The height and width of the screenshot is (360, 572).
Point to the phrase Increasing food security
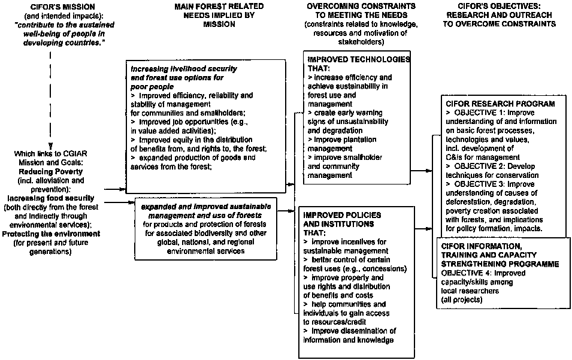pyautogui.click(x=52, y=197)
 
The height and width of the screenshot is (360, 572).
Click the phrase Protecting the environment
pyautogui.click(x=51, y=233)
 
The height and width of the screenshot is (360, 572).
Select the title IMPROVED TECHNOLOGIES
pyautogui.click(x=358, y=60)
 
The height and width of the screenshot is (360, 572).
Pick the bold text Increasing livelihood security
pyautogui.click(x=183, y=69)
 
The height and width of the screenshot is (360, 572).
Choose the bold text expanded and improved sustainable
pyautogui.click(x=206, y=206)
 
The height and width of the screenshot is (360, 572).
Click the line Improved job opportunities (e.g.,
pyautogui.click(x=189, y=122)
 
